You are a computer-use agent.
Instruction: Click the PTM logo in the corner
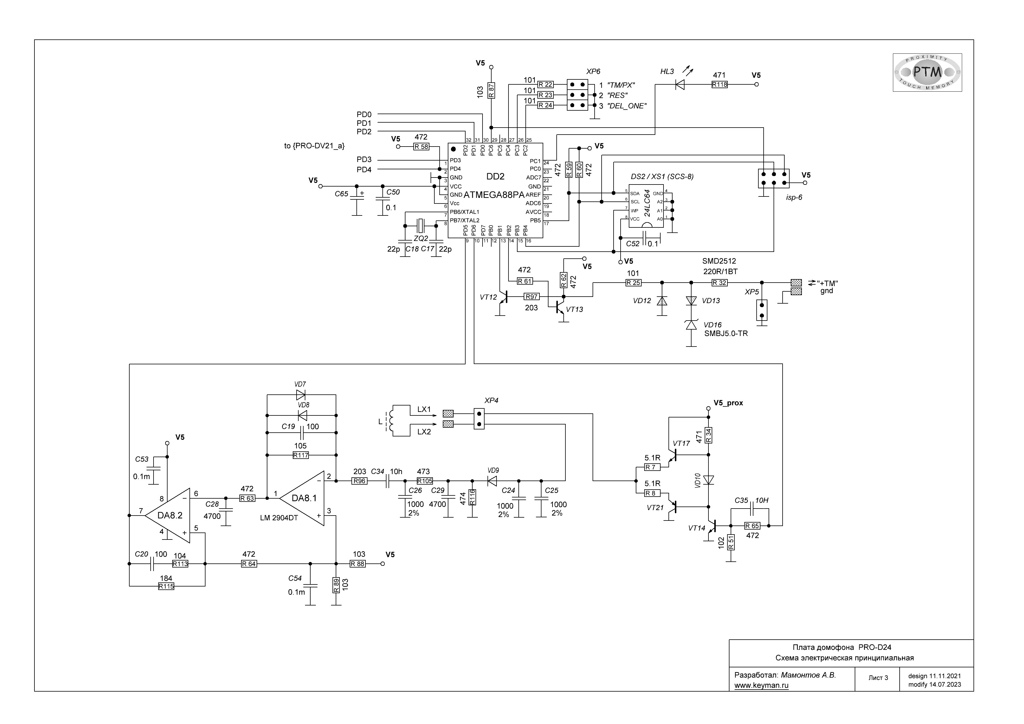(x=927, y=72)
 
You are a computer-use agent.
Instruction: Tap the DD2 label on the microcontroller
(x=495, y=177)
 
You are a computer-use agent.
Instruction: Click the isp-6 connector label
(x=794, y=197)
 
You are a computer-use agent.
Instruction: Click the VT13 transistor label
(x=574, y=309)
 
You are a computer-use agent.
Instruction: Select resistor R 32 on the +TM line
(x=719, y=282)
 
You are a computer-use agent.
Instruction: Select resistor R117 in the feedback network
(x=301, y=455)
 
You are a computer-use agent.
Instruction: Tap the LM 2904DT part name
(x=279, y=518)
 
